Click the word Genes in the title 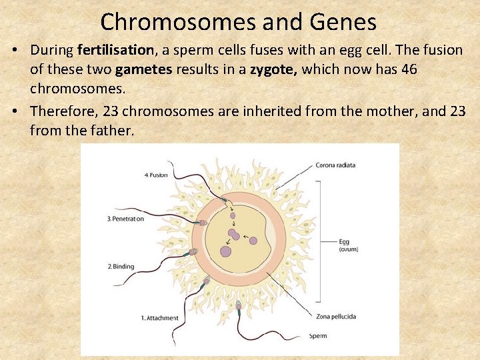coord(343,22)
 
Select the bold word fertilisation coord(115,50)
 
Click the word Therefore coord(64,111)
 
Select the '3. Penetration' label coord(125,219)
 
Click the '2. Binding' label coord(121,267)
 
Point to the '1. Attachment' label coord(159,318)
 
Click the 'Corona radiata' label coord(335,165)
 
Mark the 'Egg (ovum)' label coord(347,245)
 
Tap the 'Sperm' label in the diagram coord(318,335)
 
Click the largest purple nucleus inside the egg coord(225,251)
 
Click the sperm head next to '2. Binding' coord(193,252)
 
